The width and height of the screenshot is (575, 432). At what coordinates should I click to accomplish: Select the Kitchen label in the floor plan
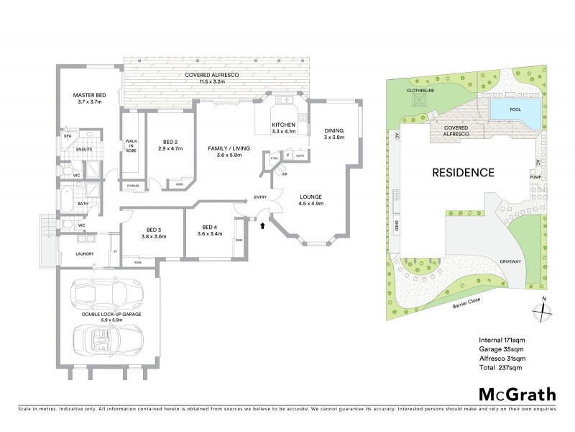(x=282, y=128)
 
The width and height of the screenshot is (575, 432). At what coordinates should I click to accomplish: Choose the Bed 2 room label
(x=170, y=143)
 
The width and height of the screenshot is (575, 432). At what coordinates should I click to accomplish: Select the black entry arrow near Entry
(x=262, y=225)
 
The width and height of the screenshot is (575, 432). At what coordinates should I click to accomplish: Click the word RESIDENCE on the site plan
(x=464, y=173)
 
